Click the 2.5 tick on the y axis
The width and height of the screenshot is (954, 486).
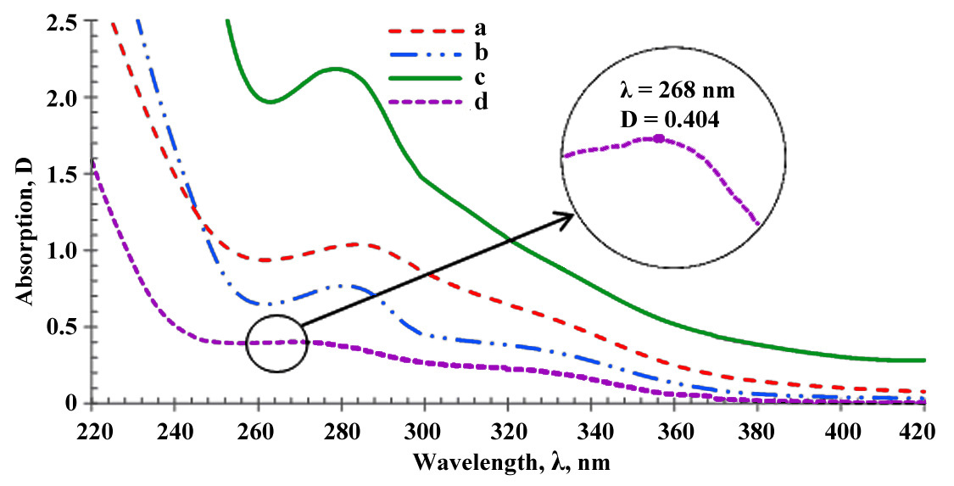click(x=64, y=21)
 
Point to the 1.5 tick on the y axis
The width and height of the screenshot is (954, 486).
click(x=64, y=174)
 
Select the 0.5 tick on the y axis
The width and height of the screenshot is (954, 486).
click(x=64, y=327)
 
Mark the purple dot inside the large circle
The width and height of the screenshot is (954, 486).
click(x=659, y=138)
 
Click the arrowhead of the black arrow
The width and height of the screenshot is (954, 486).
click(x=568, y=217)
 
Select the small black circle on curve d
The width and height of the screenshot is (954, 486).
click(x=276, y=344)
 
